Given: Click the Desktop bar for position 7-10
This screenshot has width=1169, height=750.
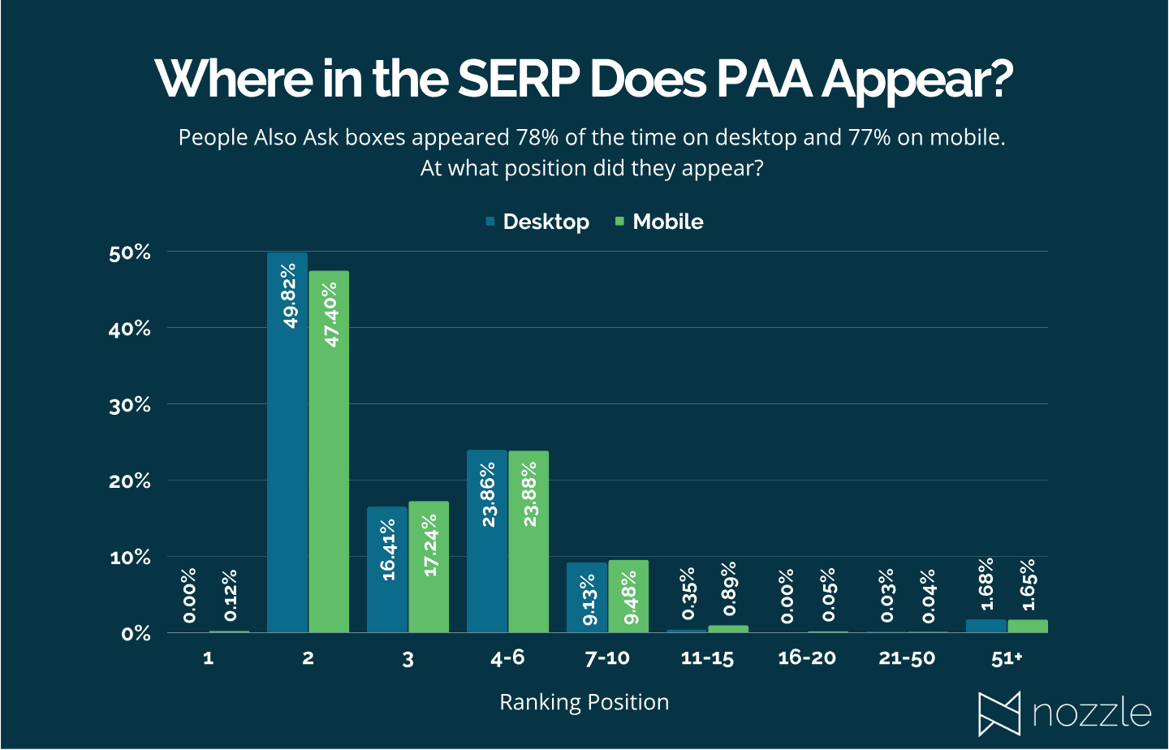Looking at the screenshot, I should pos(587,597).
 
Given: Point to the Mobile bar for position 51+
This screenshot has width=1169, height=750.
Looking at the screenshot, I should pos(1028,626).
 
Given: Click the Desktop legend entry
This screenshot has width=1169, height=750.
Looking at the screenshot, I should pos(537,222).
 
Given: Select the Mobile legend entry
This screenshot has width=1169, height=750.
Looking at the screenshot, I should pos(659,222).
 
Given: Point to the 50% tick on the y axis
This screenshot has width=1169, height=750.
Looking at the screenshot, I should pos(130,253).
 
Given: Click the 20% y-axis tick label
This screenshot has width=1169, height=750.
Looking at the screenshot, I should pos(130,481).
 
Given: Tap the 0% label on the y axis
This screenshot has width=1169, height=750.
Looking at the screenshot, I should pos(136,634).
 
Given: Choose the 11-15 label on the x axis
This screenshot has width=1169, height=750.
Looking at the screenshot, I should pos(707,658).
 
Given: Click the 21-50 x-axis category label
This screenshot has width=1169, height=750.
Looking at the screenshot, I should pos(907,658).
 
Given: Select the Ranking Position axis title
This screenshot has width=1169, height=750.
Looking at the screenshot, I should pos(584,702).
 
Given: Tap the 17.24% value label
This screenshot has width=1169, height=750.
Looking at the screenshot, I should pos(430,545).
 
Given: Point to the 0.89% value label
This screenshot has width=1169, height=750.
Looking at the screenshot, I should pos(729,588).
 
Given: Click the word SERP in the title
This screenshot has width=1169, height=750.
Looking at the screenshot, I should pos(518,79).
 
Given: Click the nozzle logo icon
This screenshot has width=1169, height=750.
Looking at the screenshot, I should pos(999,713).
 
